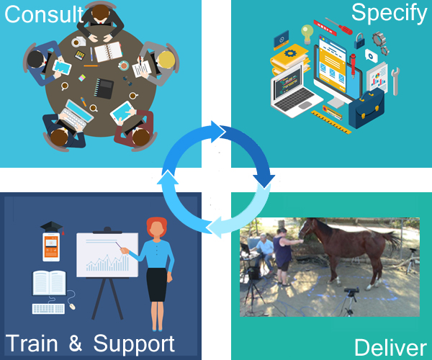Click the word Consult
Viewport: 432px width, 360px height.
pyautogui.click(x=44, y=14)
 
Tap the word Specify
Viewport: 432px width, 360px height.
pyautogui.click(x=389, y=13)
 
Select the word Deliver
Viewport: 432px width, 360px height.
pyautogui.click(x=390, y=348)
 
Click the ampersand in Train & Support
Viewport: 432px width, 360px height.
pyautogui.click(x=75, y=343)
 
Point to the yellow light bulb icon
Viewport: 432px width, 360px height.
pyautogui.click(x=307, y=34)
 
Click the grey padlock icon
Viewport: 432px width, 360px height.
pyautogui.click(x=359, y=41)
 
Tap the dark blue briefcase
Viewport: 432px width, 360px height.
pyautogui.click(x=366, y=109)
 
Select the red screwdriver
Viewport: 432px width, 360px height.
pyautogui.click(x=338, y=26)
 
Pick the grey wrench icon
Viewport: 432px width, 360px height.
pyautogui.click(x=395, y=81)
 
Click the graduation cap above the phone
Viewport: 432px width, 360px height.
pyautogui.click(x=52, y=228)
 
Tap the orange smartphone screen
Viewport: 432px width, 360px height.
pyautogui.click(x=51, y=247)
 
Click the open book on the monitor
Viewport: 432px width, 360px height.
pyautogui.click(x=49, y=283)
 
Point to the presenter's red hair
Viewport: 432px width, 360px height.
pyautogui.click(x=157, y=226)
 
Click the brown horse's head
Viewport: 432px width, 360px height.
pyautogui.click(x=307, y=228)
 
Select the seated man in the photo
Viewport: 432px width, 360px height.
pyautogui.click(x=264, y=251)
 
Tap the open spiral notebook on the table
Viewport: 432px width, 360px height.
pyautogui.click(x=108, y=52)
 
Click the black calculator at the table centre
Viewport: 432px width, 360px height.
pyautogui.click(x=104, y=88)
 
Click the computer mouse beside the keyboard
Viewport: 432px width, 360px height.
pyautogui.click(x=72, y=306)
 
